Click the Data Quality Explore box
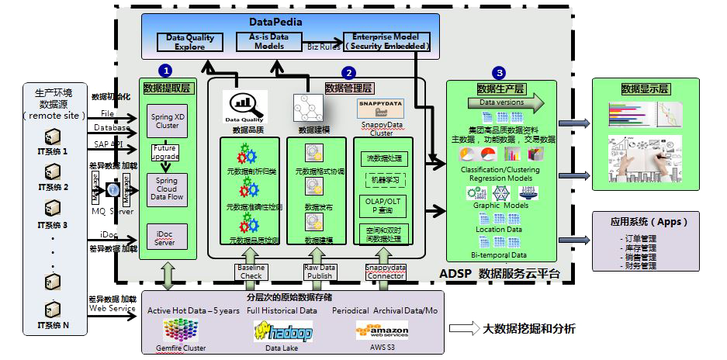190,42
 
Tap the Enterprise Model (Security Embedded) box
386,42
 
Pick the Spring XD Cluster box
168,121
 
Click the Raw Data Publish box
319,271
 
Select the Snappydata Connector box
385,271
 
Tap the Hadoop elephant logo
282,332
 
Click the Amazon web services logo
382,330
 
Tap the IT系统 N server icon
53,310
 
